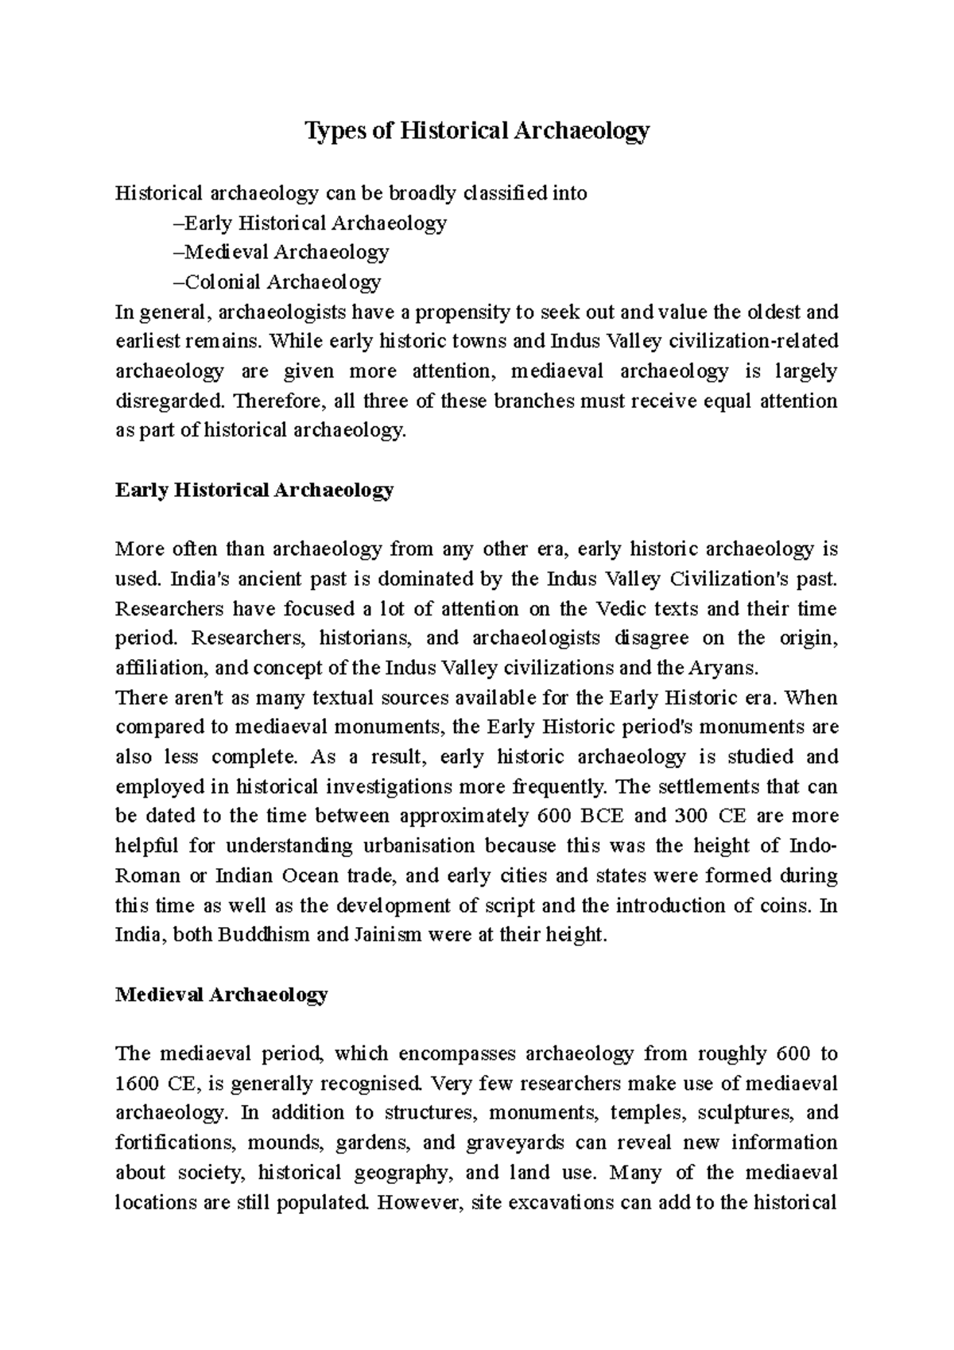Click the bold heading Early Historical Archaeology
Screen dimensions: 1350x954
pyautogui.click(x=254, y=490)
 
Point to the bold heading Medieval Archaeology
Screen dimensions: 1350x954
pyautogui.click(x=221, y=995)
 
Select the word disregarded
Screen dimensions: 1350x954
pyautogui.click(x=163, y=402)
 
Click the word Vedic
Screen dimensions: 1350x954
pyautogui.click(x=615, y=609)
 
